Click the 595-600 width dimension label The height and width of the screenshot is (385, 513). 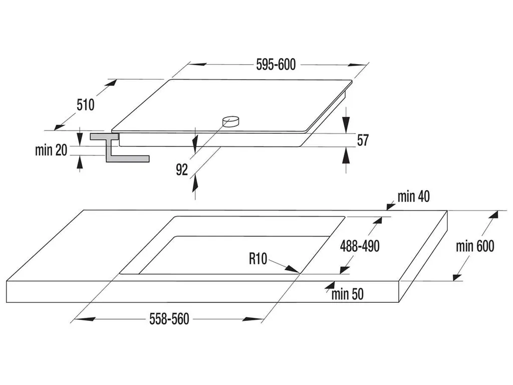click(x=276, y=64)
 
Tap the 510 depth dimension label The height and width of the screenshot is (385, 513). click(x=86, y=105)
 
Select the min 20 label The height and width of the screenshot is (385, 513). click(x=51, y=150)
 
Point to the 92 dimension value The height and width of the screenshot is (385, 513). click(x=181, y=170)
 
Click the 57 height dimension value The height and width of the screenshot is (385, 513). click(x=362, y=140)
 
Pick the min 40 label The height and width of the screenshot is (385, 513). click(x=414, y=197)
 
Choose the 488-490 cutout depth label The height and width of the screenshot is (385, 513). click(x=360, y=246)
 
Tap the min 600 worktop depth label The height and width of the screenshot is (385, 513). click(x=475, y=246)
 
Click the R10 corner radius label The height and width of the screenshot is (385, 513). click(x=258, y=259)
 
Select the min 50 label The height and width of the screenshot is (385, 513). click(x=347, y=294)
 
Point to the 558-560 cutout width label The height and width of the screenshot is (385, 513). click(x=169, y=319)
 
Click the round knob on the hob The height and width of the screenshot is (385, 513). click(x=231, y=121)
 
